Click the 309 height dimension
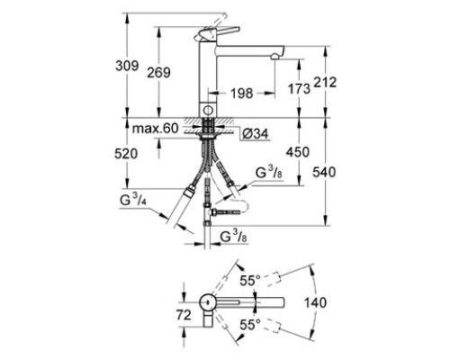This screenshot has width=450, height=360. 127,66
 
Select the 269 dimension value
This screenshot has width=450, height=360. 158,73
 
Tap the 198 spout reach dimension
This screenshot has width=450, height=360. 242,94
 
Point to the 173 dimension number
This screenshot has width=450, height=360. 299,88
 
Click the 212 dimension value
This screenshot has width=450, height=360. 325,82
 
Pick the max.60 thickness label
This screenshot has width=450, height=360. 156,129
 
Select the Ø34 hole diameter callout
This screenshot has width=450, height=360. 255,134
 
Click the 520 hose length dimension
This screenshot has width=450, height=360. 126,154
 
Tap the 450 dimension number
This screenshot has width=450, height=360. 298,152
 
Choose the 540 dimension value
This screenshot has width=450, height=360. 324,172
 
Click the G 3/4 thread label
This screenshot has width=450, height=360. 133,199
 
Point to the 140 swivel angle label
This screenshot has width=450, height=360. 315,302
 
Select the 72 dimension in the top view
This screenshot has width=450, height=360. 184,315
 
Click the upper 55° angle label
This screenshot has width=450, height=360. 250,281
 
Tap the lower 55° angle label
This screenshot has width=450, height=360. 250,325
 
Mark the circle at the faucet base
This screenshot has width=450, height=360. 208,110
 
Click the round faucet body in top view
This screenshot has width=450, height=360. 207,302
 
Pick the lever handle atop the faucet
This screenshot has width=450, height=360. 217,33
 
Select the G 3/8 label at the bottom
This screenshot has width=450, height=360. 234,236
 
